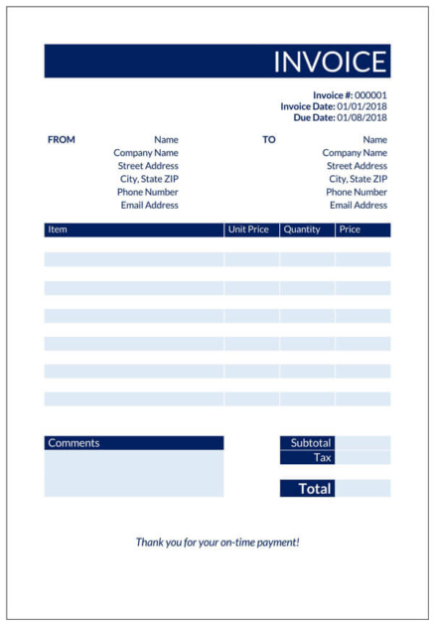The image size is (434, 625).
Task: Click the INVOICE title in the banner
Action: tap(329, 62)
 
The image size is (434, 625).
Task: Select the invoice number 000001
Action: tap(370, 95)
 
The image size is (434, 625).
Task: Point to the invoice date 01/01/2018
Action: tap(362, 106)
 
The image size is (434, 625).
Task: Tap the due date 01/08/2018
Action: tap(362, 117)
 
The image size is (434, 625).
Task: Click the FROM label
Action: tap(61, 140)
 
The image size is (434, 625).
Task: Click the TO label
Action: tap(269, 140)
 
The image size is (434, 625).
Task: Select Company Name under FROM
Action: tap(146, 153)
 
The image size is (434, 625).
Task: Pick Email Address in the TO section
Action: tap(359, 205)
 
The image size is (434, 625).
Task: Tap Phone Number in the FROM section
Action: tap(148, 192)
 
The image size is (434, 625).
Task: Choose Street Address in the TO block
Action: tap(358, 166)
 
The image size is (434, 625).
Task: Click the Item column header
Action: tap(58, 230)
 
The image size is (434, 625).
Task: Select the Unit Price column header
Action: tap(248, 230)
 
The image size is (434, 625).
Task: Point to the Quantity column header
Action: tap(302, 230)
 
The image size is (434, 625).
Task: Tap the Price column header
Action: tap(350, 230)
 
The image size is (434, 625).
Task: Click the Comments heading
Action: tap(73, 443)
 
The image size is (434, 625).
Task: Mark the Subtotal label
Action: tap(311, 443)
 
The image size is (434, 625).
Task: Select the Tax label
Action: tap(323, 457)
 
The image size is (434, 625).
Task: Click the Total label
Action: tap(316, 489)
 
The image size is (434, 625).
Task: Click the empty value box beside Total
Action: tap(362, 489)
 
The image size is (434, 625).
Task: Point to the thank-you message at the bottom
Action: tap(217, 543)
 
